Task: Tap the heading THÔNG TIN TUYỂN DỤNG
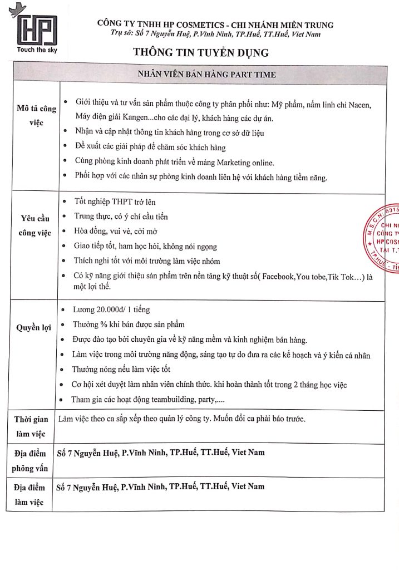click(x=200, y=53)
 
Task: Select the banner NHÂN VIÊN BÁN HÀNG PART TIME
click(x=206, y=74)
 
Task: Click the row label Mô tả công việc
click(x=36, y=115)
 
